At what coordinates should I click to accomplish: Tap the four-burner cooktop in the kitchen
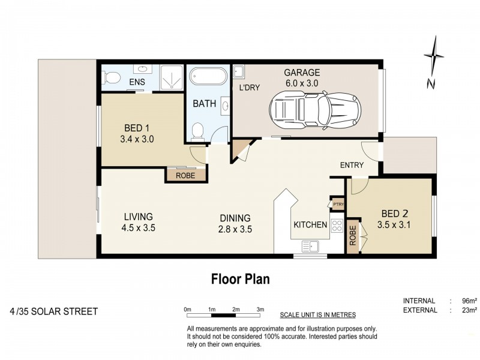(337, 226)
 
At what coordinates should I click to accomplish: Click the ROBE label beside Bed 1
(185, 175)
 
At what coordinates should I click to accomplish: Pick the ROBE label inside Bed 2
(352, 236)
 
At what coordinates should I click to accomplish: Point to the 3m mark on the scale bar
(260, 309)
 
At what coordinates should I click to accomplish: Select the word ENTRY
(352, 165)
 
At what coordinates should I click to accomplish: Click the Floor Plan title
(240, 279)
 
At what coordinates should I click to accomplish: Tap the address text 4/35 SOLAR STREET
(53, 311)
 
